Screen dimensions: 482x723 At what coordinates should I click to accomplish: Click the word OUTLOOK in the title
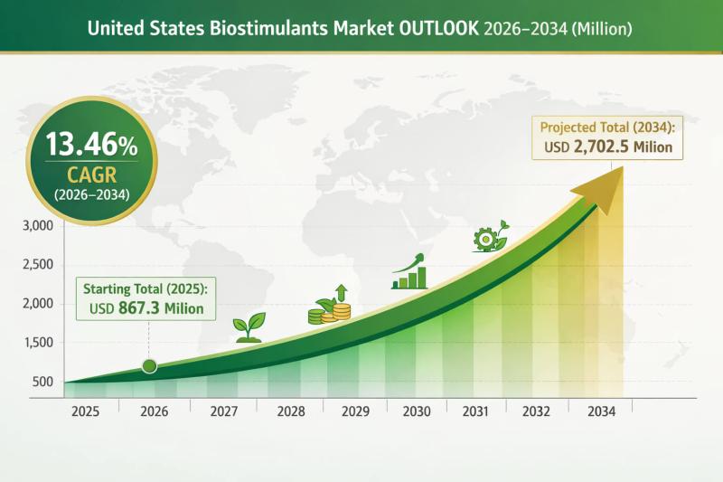point(433,29)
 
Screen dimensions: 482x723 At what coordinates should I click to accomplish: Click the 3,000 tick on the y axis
point(35,225)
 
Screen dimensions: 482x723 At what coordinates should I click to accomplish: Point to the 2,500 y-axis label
point(35,264)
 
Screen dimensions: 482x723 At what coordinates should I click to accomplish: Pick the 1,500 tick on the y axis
point(35,343)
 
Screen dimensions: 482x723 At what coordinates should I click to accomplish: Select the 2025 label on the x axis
point(86,411)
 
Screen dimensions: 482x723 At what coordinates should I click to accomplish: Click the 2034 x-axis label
point(600,411)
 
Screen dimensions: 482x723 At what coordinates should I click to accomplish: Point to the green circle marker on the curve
point(150,366)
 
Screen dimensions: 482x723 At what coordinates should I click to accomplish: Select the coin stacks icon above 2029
point(331,307)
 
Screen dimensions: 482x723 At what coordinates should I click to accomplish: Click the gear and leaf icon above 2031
point(488,238)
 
